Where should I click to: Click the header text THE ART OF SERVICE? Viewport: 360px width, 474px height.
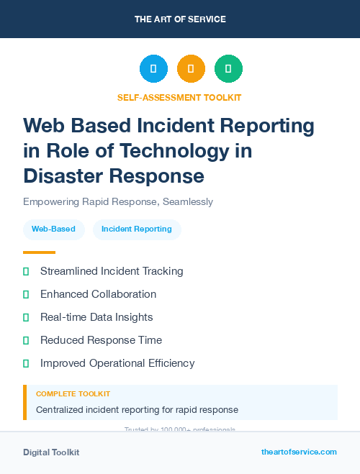click(180, 19)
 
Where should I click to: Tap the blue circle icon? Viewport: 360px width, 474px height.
click(153, 69)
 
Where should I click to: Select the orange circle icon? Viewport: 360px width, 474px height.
click(191, 69)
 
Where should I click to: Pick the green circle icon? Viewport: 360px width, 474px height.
click(228, 69)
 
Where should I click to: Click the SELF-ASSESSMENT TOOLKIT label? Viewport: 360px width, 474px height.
click(179, 97)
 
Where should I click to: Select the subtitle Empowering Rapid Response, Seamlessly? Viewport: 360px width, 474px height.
click(118, 201)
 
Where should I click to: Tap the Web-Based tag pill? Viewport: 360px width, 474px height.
click(53, 229)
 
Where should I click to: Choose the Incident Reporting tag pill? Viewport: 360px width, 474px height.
click(137, 229)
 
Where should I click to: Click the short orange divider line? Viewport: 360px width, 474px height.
click(39, 252)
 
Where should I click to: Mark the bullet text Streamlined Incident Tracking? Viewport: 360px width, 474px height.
click(112, 271)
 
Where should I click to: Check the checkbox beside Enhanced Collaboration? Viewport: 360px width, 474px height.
click(26, 294)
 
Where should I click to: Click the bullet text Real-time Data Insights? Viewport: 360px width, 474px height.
click(96, 317)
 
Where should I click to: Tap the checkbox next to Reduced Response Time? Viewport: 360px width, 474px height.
click(26, 340)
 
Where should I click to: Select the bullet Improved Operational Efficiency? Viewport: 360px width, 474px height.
click(117, 363)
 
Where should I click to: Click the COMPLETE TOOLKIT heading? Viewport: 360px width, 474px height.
click(73, 394)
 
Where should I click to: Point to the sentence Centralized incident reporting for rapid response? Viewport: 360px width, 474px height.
click(137, 410)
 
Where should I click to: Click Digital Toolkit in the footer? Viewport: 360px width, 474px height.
click(51, 452)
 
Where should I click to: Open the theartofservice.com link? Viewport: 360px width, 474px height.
click(299, 452)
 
